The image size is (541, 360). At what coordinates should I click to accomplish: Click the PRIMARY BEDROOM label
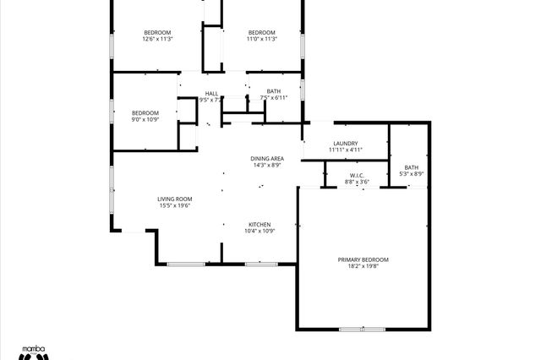point(363,259)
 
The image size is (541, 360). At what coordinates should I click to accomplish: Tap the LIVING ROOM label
point(175,199)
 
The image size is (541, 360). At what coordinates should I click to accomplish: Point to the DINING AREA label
point(267,159)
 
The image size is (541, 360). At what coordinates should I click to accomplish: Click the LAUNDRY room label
point(346,143)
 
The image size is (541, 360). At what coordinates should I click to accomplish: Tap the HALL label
point(211,93)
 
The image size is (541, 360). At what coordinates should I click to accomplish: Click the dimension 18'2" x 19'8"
point(363,267)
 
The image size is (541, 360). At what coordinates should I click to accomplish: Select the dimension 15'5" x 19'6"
point(175,205)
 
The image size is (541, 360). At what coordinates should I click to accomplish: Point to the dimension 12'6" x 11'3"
point(158,39)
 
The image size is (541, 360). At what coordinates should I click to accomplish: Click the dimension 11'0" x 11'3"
point(262,39)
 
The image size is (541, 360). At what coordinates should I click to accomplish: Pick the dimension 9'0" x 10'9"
point(145,120)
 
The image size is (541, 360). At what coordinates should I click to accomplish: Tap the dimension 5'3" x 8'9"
point(411,174)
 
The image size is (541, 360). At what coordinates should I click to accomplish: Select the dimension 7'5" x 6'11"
point(274,98)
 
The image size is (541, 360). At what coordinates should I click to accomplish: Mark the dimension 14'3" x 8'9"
point(267,166)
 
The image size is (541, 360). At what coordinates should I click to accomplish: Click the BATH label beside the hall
point(274,91)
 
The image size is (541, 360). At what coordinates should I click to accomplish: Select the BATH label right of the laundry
point(411,167)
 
